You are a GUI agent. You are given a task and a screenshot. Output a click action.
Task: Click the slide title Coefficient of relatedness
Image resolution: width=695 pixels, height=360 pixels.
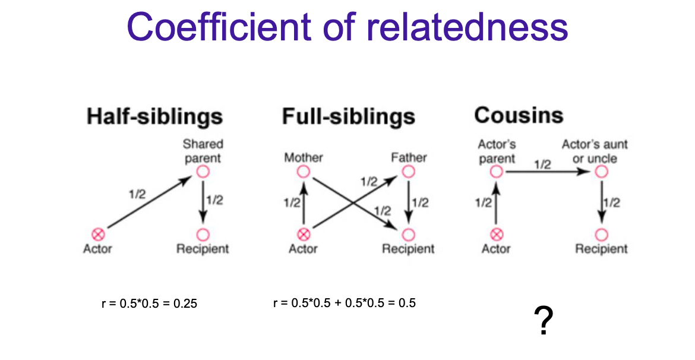(x=347, y=26)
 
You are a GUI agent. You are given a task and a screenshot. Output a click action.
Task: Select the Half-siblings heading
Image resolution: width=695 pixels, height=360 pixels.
(x=154, y=116)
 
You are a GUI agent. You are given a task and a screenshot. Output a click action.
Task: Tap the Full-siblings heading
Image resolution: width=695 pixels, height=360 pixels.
(x=348, y=116)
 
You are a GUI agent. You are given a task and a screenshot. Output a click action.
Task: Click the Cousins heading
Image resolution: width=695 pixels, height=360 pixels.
(x=518, y=115)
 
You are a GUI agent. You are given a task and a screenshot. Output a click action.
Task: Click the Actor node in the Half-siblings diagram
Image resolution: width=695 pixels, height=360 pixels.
(x=97, y=234)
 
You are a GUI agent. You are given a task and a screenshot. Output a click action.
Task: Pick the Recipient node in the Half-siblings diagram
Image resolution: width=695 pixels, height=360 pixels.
(x=203, y=234)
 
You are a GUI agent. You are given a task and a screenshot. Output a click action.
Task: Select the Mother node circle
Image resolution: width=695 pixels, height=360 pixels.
(x=304, y=172)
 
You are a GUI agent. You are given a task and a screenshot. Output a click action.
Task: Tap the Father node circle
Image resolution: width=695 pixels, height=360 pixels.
(x=408, y=172)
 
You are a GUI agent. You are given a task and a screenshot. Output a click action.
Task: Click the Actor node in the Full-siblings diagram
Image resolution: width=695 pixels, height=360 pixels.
(x=304, y=234)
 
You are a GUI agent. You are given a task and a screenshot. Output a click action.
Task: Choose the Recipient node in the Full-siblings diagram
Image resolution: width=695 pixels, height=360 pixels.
(x=408, y=234)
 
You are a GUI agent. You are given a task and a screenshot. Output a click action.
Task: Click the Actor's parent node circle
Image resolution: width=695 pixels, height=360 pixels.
(x=497, y=172)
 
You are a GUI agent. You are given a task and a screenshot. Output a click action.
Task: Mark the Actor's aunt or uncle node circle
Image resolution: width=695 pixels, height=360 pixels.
(x=601, y=172)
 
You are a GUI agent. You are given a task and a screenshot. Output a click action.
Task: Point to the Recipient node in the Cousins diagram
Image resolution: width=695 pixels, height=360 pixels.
(x=601, y=234)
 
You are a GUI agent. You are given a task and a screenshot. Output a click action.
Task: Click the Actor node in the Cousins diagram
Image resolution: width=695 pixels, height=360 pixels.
(x=497, y=234)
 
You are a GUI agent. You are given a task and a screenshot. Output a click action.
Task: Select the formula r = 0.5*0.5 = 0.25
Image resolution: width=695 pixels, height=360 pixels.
(x=149, y=304)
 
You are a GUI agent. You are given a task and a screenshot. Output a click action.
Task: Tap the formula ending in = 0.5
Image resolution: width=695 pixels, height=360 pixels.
(x=345, y=303)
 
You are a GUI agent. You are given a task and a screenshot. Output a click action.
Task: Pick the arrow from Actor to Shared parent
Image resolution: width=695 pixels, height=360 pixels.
(x=151, y=203)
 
